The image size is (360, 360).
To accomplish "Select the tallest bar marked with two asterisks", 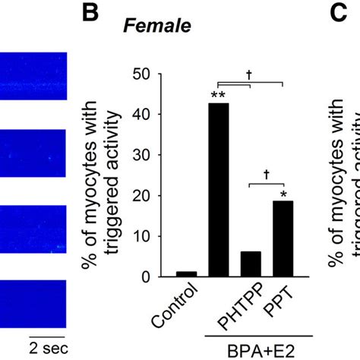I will [218, 189].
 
